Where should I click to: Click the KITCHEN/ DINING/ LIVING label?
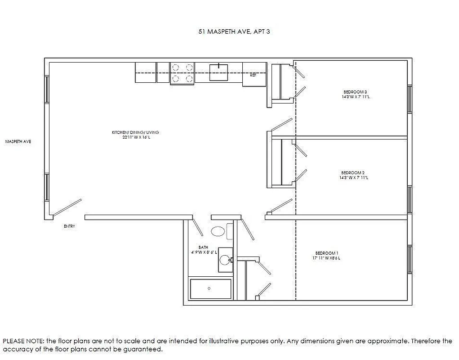point(135,132)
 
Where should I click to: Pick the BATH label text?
point(203,247)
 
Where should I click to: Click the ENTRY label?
point(69,226)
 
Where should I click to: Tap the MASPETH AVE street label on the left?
point(18,141)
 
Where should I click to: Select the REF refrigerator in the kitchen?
point(254,73)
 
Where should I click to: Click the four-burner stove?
point(182,73)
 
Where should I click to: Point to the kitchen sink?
point(218,72)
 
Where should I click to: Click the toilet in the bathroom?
point(218,232)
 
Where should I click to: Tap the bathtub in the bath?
point(210,288)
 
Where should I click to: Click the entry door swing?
point(67,207)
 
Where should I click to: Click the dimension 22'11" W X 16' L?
point(135,137)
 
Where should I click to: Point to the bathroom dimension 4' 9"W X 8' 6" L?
point(204,252)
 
